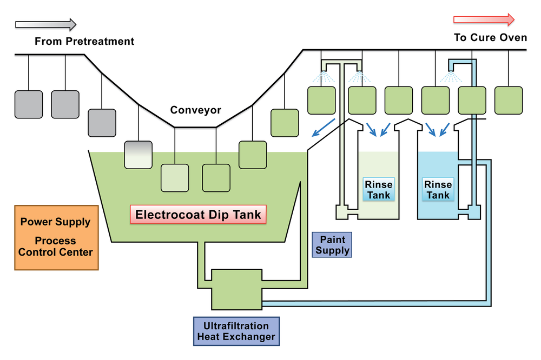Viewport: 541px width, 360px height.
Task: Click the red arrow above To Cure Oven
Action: (x=483, y=20)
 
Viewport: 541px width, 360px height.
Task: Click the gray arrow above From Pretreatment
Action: (x=46, y=24)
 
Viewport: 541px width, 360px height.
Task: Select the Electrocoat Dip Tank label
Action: (x=198, y=214)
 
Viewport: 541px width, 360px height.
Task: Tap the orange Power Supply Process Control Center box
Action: (x=56, y=237)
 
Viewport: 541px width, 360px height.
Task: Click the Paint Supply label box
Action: (x=332, y=245)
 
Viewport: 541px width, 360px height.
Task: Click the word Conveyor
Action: (x=196, y=110)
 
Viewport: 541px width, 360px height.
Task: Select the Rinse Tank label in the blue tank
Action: (x=438, y=190)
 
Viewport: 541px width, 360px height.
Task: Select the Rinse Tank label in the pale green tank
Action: (x=379, y=190)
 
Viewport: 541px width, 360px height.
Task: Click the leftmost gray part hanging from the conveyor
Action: (x=29, y=104)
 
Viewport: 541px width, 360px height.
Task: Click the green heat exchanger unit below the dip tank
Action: (x=236, y=289)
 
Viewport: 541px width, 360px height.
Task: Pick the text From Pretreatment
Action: (x=84, y=41)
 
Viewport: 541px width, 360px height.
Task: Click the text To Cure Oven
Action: (x=490, y=37)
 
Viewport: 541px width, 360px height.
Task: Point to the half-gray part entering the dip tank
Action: (x=138, y=154)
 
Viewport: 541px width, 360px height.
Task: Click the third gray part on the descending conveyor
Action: (x=102, y=123)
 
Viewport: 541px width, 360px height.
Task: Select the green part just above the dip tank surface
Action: (x=253, y=155)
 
